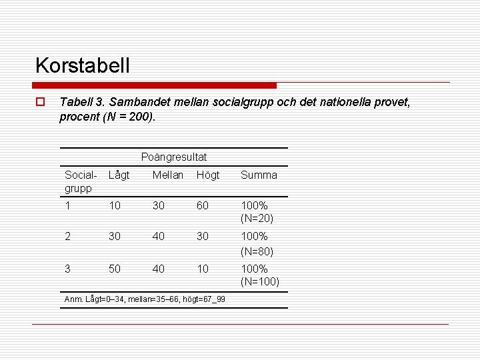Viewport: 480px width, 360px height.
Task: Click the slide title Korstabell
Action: coord(83,65)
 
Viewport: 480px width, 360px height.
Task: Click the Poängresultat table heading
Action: coord(174,157)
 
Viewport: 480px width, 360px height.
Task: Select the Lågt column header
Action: coord(119,175)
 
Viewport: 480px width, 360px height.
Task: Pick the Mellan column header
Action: coord(168,175)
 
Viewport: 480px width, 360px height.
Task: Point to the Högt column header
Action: coord(207,175)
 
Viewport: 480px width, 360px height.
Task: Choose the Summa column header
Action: coord(259,175)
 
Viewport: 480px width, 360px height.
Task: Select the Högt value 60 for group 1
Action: coord(203,206)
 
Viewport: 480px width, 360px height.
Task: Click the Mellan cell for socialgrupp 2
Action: coord(159,237)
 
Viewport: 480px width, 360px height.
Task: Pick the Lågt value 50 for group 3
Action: coord(115,269)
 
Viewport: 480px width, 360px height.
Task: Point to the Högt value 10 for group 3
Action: coord(203,269)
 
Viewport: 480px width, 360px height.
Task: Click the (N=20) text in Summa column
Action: coord(257,218)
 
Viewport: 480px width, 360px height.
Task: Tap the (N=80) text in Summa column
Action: coord(257,251)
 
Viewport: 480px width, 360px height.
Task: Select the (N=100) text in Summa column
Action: coord(260,282)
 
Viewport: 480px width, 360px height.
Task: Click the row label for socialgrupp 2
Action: coord(67,237)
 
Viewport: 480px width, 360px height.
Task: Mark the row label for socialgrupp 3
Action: coord(67,269)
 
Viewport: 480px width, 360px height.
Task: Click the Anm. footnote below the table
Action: coord(145,299)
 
